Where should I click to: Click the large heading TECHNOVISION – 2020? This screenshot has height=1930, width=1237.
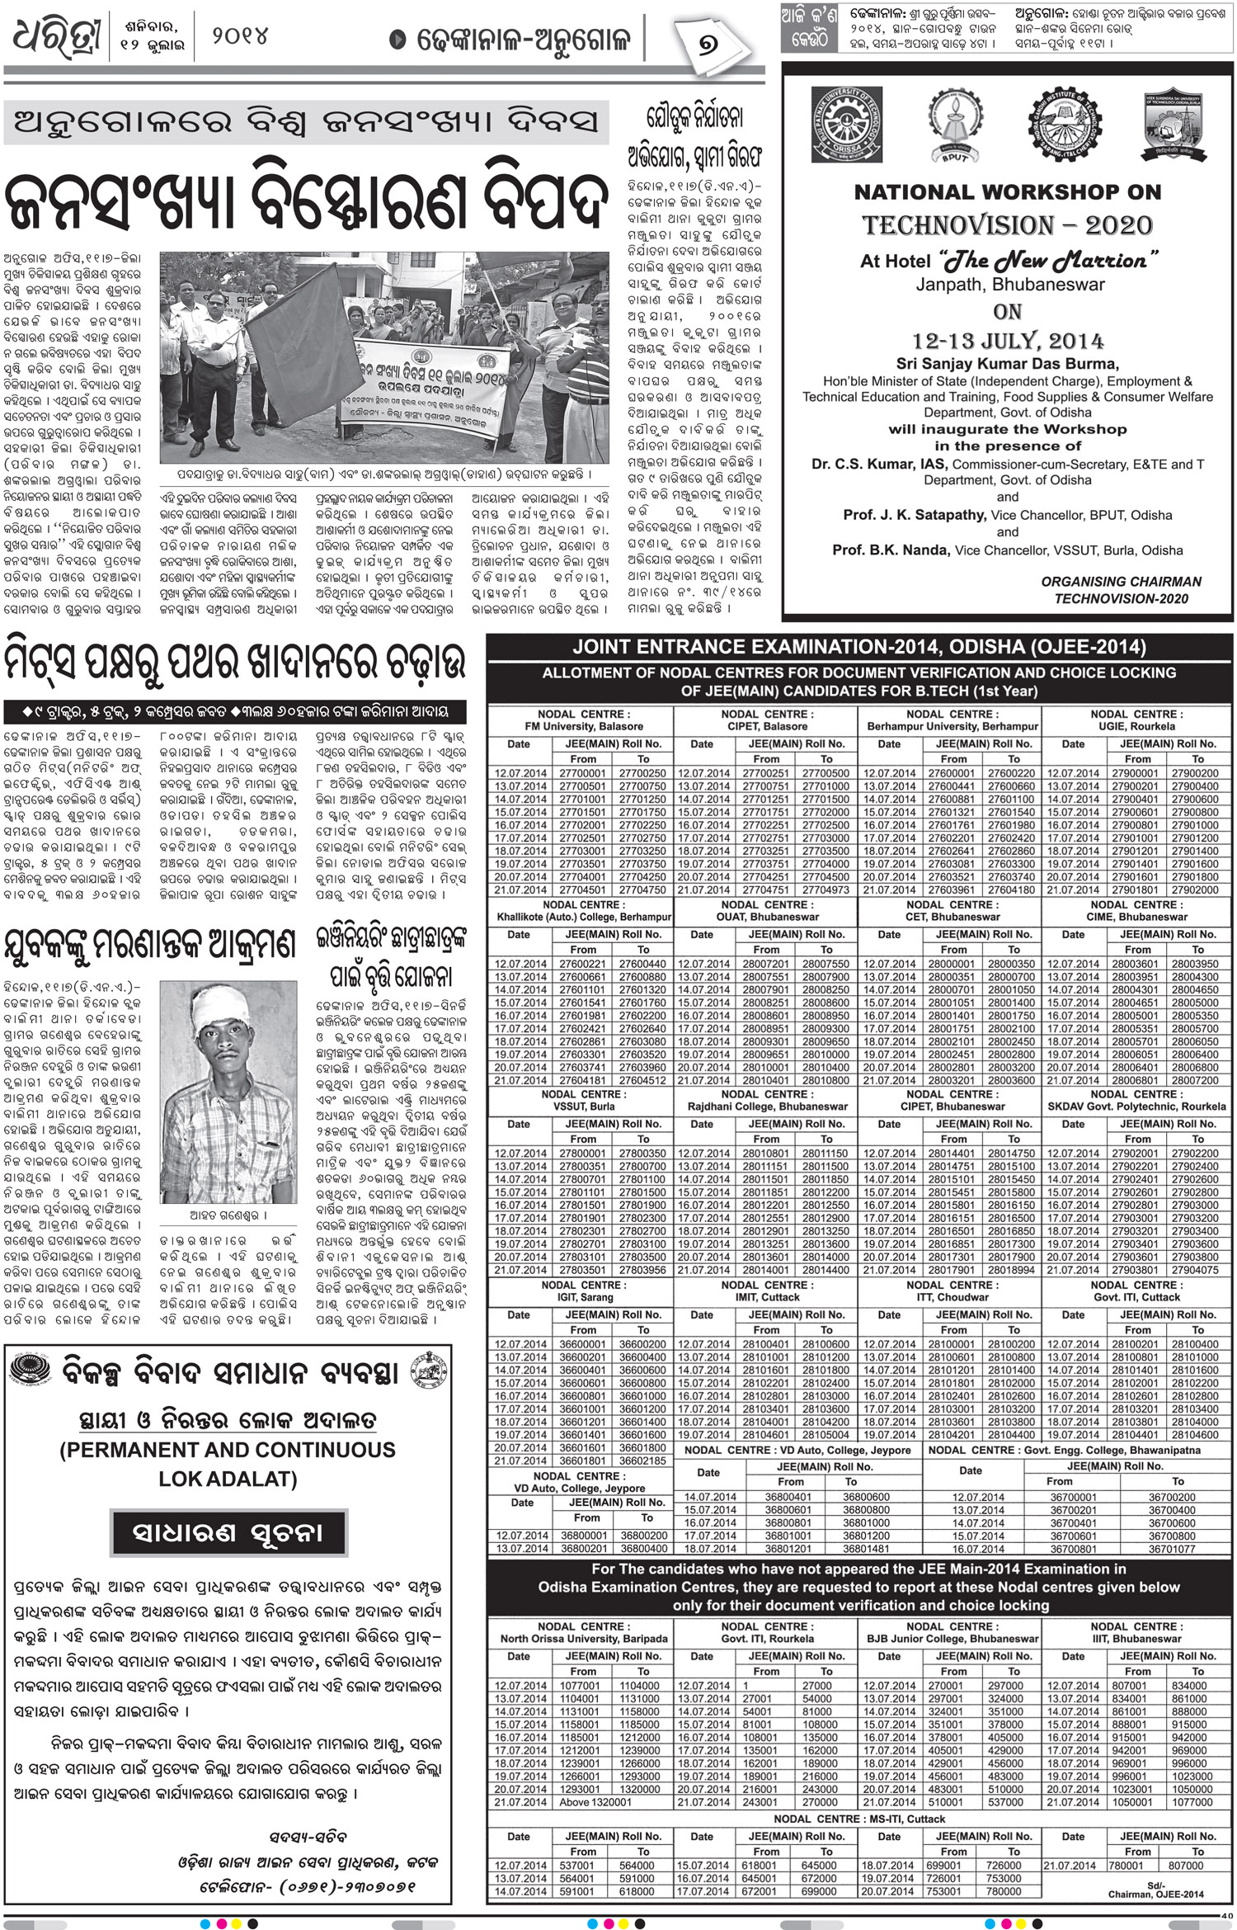(x=1007, y=225)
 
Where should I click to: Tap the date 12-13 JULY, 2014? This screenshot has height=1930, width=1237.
(x=1007, y=341)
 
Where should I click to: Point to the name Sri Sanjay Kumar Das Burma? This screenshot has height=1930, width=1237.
(x=1007, y=364)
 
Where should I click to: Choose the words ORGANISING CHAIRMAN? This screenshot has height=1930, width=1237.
(x=1121, y=582)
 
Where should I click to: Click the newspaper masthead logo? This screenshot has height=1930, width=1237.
(x=56, y=38)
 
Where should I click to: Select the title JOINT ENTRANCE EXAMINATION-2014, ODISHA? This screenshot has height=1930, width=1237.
(x=859, y=648)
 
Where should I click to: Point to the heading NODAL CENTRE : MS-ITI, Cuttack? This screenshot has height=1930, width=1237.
(x=859, y=1819)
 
